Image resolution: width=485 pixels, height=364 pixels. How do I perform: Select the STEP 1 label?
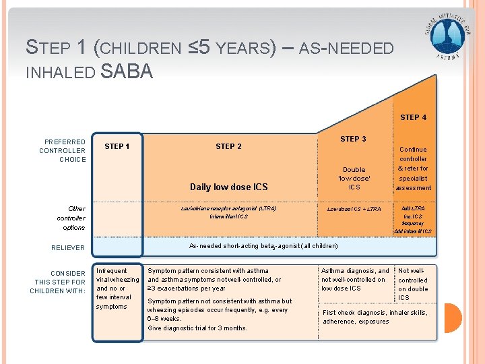(x=117, y=146)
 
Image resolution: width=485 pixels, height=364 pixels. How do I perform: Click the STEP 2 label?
(x=228, y=146)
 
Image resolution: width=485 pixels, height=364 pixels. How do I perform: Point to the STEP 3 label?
(x=353, y=139)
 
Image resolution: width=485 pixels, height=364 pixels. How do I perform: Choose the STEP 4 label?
(x=413, y=117)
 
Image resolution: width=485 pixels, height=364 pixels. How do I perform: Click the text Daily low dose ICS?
(x=228, y=187)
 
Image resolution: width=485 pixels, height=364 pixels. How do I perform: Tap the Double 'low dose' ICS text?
(x=354, y=178)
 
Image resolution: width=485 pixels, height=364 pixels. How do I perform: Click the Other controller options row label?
(x=71, y=218)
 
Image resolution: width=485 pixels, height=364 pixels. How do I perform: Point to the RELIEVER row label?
(x=68, y=247)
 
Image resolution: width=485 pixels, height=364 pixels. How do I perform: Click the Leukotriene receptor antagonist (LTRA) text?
(x=228, y=209)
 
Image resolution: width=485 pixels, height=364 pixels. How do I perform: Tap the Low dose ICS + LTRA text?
(x=354, y=209)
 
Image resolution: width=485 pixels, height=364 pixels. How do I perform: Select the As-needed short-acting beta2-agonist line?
(x=263, y=247)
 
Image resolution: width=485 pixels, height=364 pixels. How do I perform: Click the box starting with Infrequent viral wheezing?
(x=117, y=289)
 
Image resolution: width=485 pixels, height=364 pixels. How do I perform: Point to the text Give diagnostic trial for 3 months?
(x=197, y=328)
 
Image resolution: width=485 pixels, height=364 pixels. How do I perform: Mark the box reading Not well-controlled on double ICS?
(x=413, y=284)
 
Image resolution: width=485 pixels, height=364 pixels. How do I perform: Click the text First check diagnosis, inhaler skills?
(x=375, y=313)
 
